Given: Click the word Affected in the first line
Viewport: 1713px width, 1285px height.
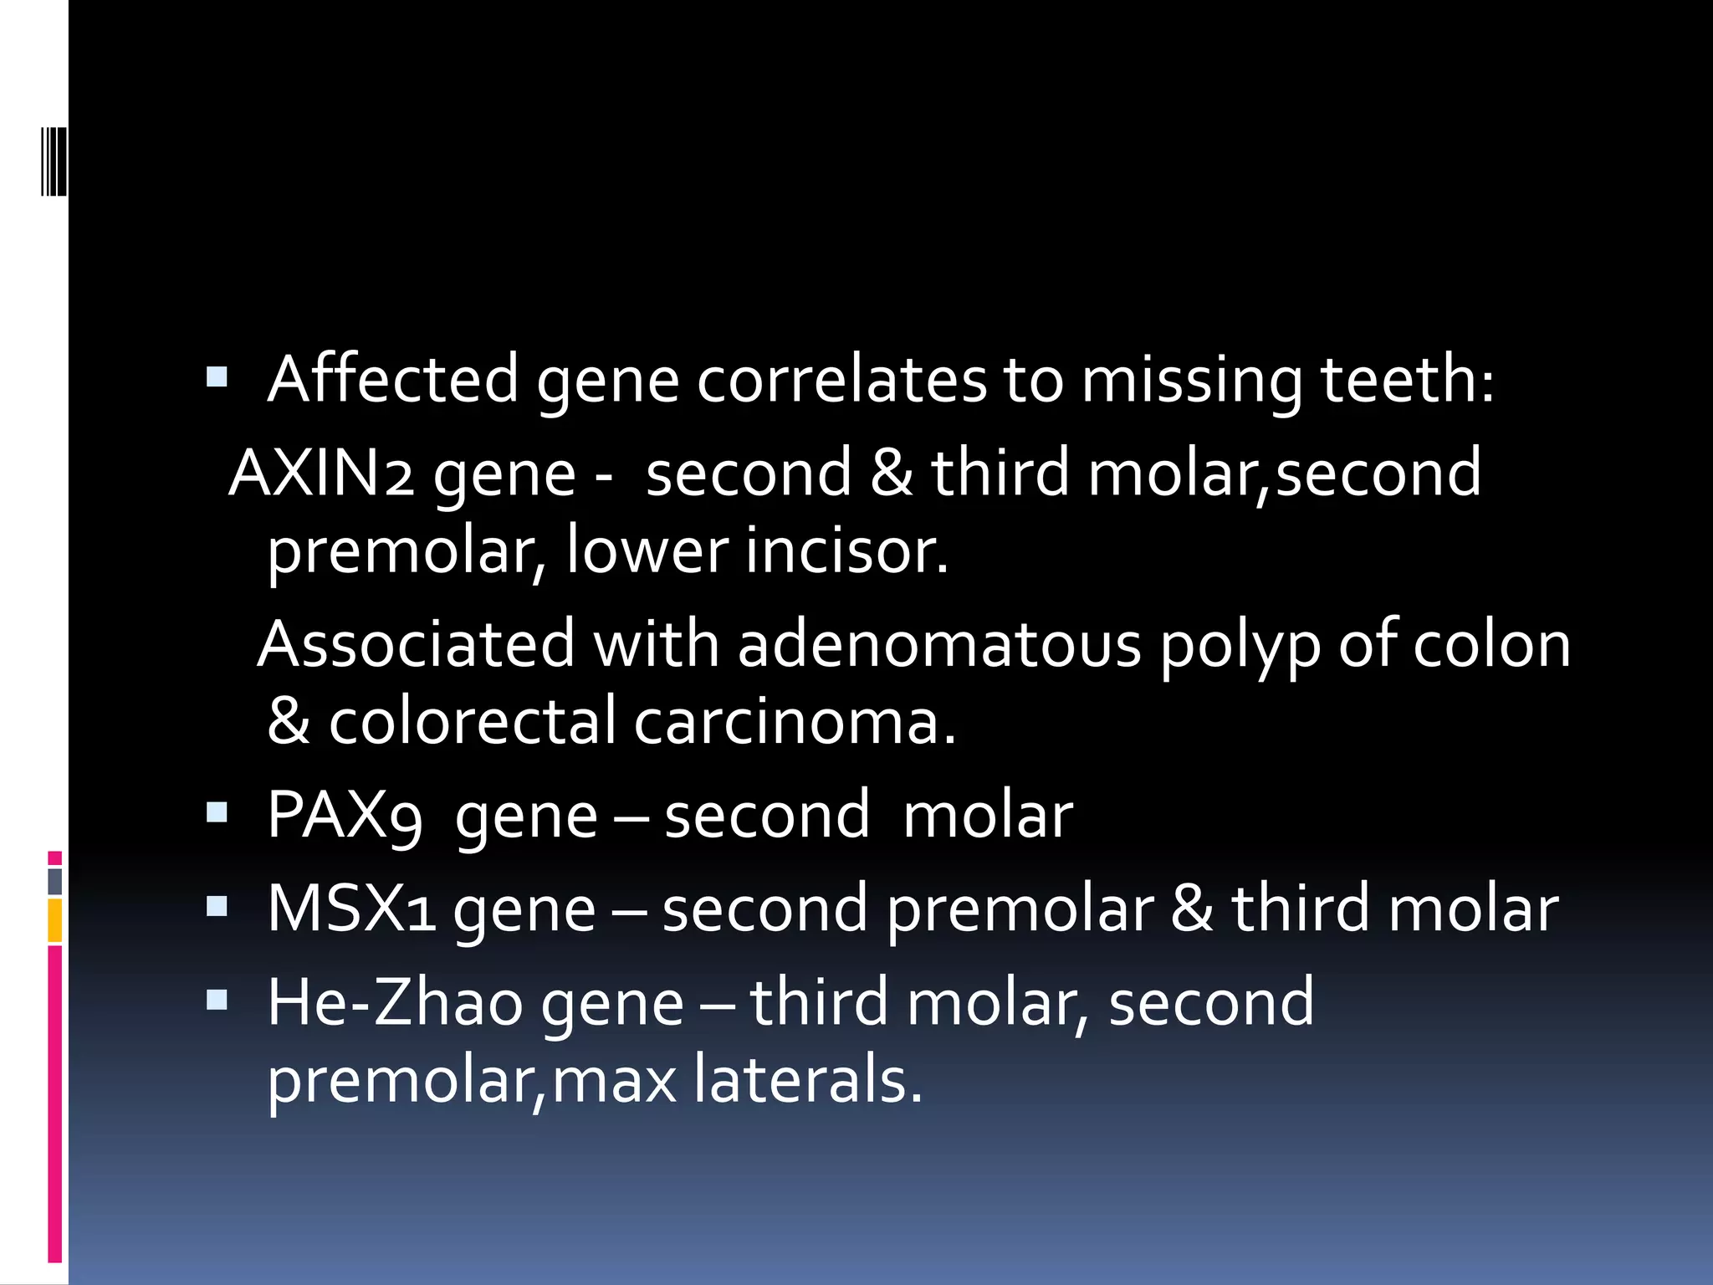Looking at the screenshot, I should pyautogui.click(x=392, y=380).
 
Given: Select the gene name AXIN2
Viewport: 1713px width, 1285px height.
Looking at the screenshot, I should pyautogui.click(x=321, y=474).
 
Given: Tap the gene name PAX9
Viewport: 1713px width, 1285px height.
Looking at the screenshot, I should pyautogui.click(x=344, y=816).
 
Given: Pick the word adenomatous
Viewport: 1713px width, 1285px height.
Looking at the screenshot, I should pyautogui.click(x=939, y=645).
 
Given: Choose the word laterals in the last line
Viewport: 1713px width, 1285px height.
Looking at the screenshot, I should pyautogui.click(x=808, y=1080).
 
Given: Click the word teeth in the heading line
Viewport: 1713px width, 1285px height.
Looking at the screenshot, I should pyautogui.click(x=1407, y=380).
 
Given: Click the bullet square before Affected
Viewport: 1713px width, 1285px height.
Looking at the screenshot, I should pyautogui.click(x=217, y=377).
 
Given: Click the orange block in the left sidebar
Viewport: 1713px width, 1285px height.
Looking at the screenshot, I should pyautogui.click(x=55, y=920).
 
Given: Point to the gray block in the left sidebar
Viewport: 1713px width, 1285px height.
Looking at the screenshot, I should pyautogui.click(x=55, y=882).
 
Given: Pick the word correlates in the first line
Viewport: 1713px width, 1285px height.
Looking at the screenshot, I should pyautogui.click(x=841, y=380).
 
